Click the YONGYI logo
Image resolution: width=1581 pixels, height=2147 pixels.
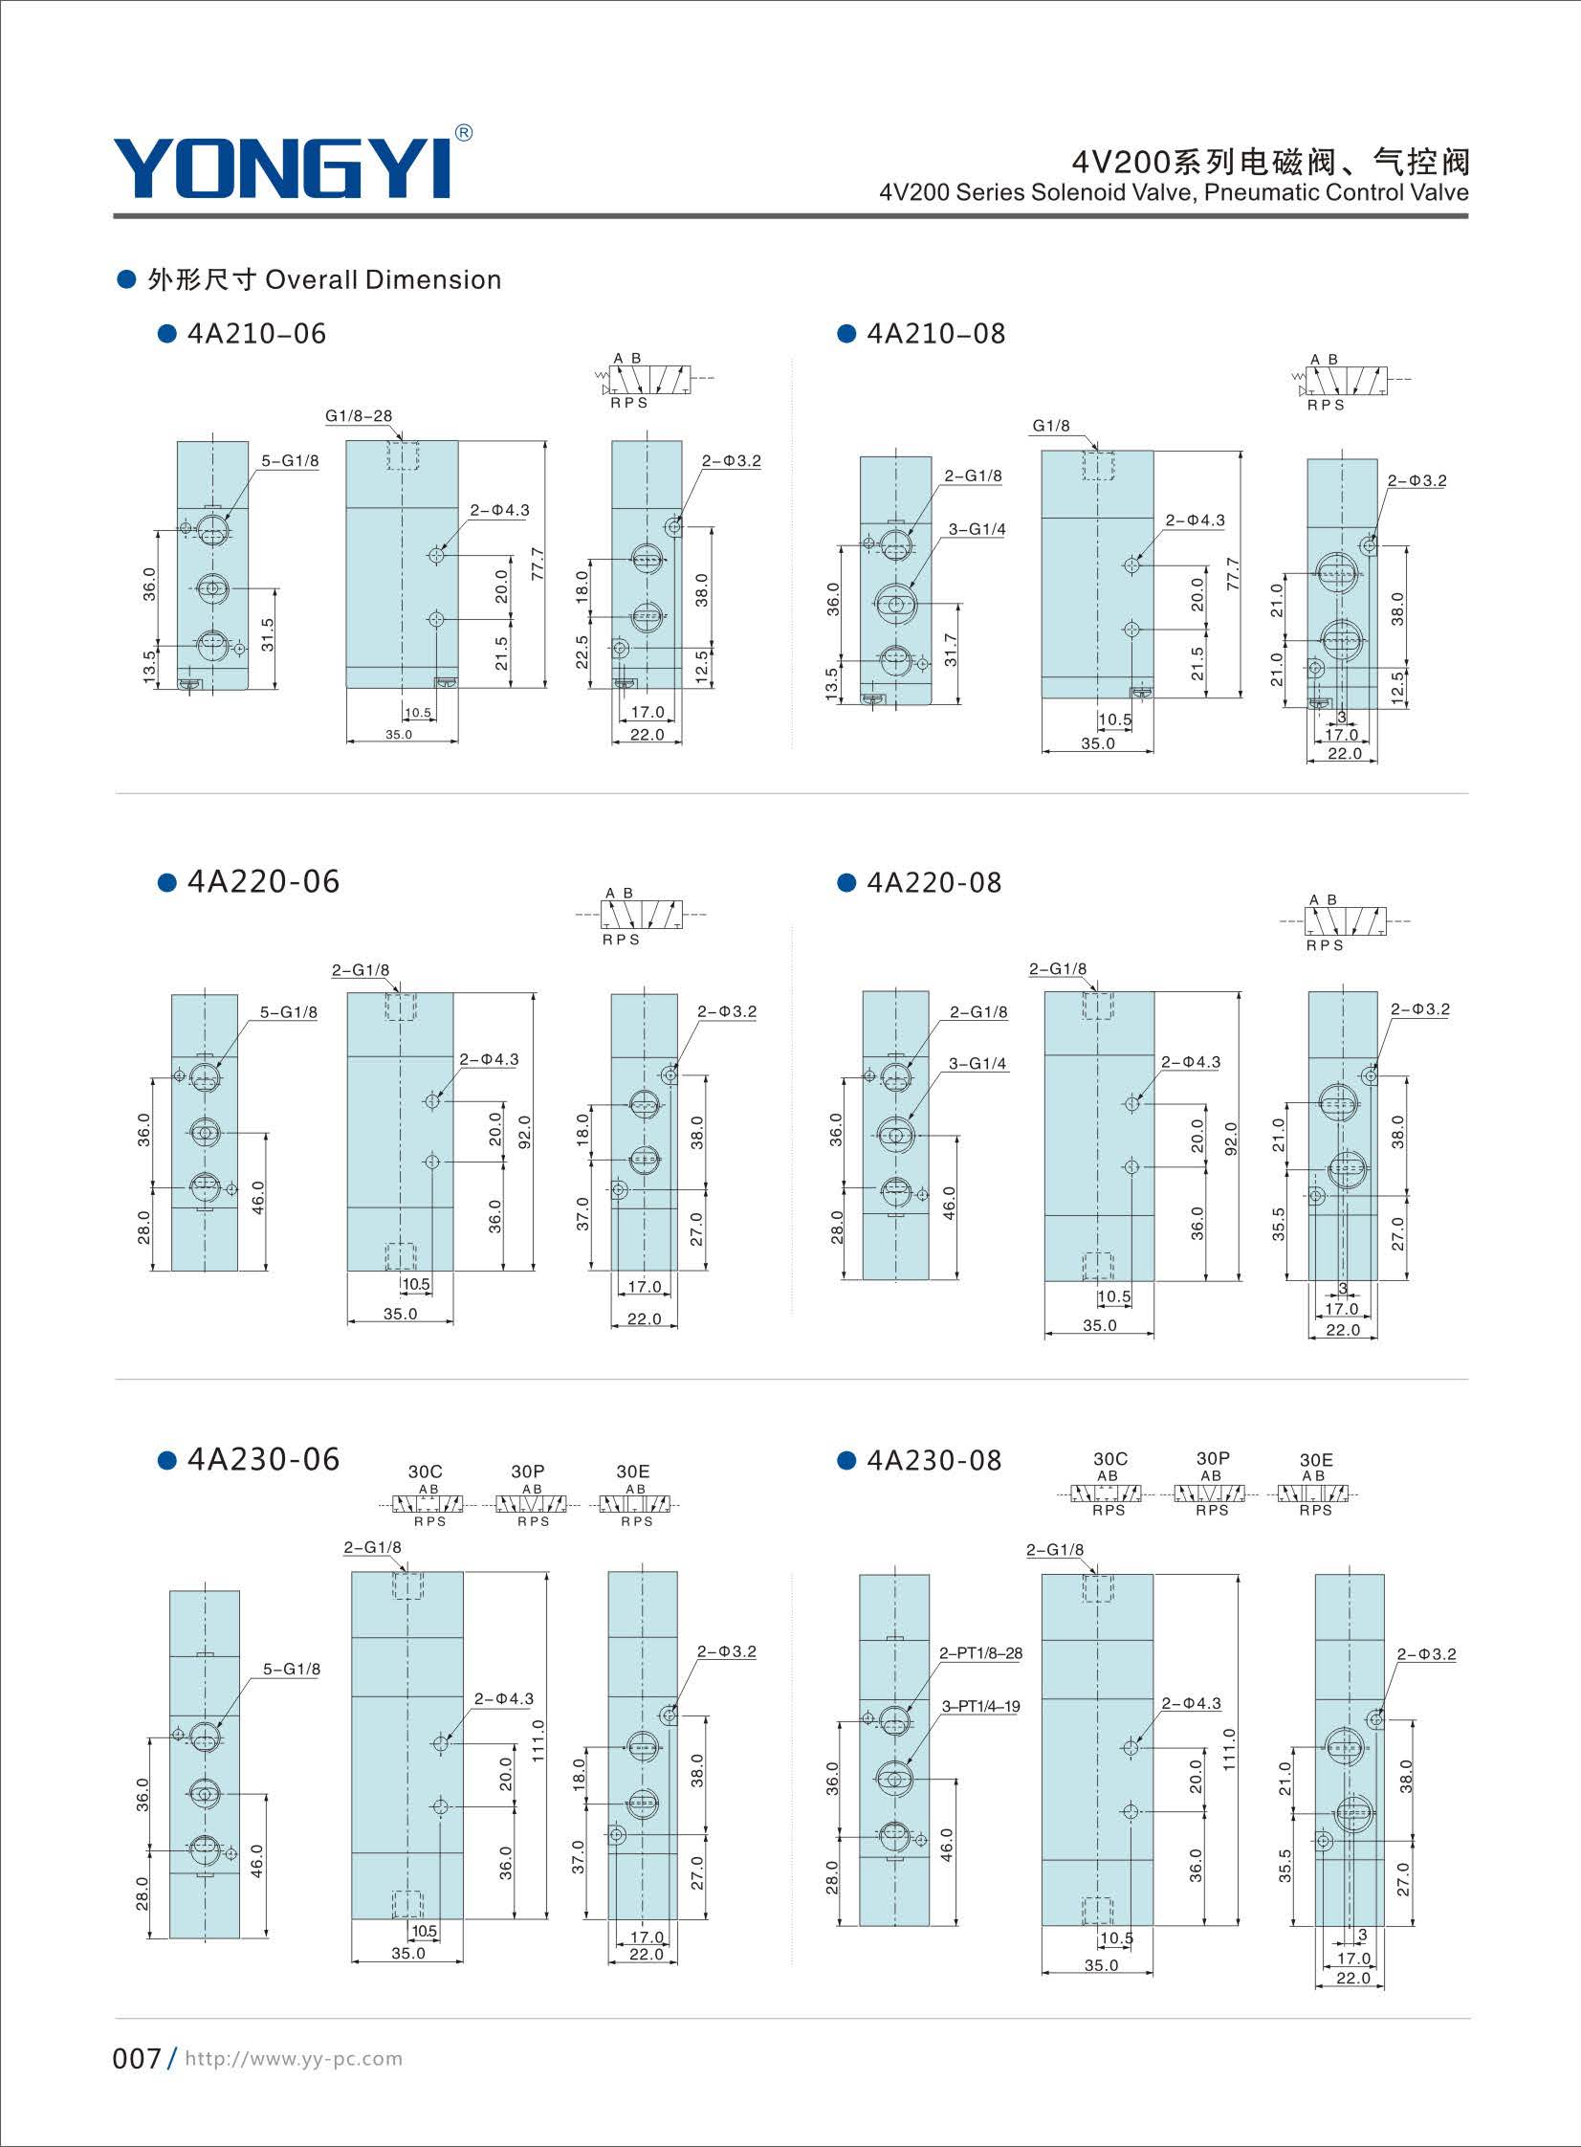click(x=282, y=168)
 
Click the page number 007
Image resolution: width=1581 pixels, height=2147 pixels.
click(x=137, y=2058)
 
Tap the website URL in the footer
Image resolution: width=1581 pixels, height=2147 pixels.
click(x=294, y=2058)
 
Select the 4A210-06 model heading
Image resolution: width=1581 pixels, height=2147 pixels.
click(x=256, y=333)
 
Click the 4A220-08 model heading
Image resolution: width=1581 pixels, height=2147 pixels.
click(x=934, y=881)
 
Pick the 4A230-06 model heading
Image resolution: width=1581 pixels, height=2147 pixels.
click(x=263, y=1459)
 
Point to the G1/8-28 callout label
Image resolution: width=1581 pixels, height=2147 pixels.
click(x=359, y=415)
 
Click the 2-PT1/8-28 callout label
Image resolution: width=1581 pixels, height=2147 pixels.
click(x=981, y=1652)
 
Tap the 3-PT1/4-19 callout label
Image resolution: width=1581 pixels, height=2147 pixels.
click(x=981, y=1706)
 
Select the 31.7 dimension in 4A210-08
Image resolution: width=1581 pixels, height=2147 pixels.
click(x=950, y=650)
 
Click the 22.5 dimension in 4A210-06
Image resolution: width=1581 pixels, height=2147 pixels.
click(x=582, y=652)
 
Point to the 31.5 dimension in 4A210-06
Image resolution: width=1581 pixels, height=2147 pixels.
click(x=267, y=634)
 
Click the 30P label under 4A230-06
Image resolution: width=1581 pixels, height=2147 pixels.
click(x=527, y=1472)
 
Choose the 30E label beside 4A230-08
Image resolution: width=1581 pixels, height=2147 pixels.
click(x=1316, y=1460)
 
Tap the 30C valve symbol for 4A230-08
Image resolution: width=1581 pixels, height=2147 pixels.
click(x=1107, y=1494)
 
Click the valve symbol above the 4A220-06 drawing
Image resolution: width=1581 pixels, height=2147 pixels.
click(x=639, y=916)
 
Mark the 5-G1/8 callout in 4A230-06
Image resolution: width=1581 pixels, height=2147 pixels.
click(x=291, y=1669)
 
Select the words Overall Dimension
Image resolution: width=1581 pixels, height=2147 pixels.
click(x=383, y=279)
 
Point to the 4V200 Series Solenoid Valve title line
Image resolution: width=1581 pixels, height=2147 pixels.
click(x=1175, y=192)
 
